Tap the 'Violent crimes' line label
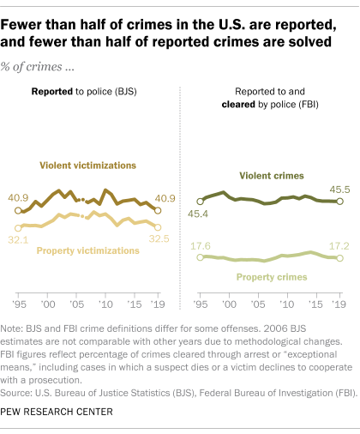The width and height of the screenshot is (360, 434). pos(270,175)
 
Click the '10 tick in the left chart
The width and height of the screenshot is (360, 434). pos(105,304)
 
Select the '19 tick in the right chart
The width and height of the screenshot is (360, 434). pos(340,304)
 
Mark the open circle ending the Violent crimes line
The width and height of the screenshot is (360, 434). pos(340,202)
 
